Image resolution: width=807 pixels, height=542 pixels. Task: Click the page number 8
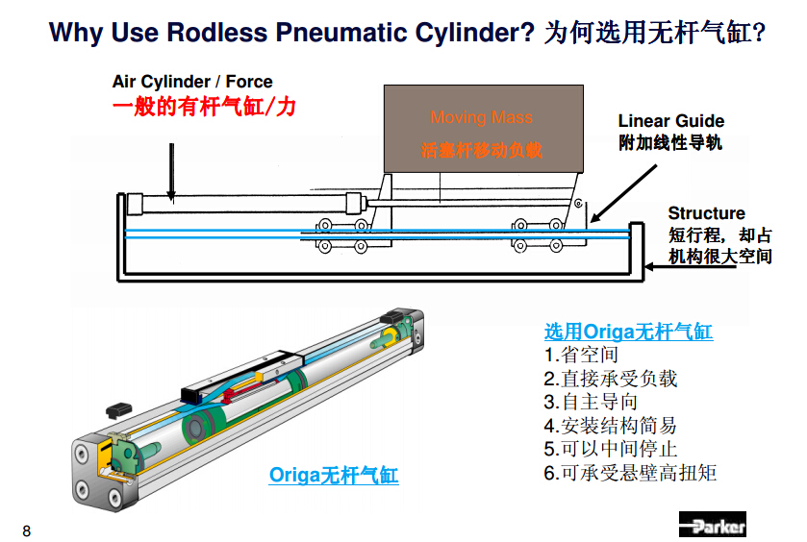26,530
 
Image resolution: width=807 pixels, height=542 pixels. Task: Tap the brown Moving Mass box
482,130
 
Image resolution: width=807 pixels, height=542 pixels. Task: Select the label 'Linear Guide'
670,121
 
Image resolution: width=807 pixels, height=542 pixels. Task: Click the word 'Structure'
706,213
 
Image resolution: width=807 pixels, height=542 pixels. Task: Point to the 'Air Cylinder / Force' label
192,83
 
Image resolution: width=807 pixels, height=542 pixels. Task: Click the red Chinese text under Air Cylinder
204,107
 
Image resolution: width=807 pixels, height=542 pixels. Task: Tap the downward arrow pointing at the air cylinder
170,173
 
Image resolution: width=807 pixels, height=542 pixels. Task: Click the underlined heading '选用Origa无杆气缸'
628,332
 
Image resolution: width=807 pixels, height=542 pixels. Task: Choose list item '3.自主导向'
590,402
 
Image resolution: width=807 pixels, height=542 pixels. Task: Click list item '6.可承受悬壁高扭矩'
629,473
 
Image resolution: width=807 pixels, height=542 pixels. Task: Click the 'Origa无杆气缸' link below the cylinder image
333,475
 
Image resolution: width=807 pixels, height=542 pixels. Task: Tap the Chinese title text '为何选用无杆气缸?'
654,34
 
